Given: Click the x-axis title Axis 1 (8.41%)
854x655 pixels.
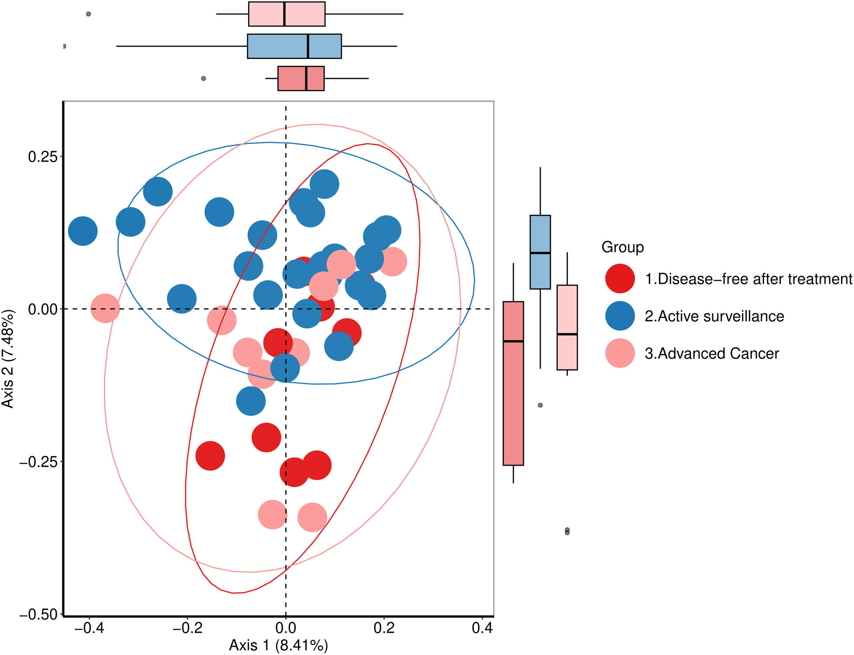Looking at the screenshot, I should pyautogui.click(x=278, y=645).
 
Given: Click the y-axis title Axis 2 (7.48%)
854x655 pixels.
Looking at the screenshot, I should pyautogui.click(x=8, y=359).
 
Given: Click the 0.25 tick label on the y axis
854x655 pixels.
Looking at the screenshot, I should pyautogui.click(x=42, y=156).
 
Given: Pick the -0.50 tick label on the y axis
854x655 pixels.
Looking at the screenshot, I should pyautogui.click(x=38, y=614).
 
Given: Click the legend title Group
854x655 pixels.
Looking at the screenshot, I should pyautogui.click(x=622, y=247).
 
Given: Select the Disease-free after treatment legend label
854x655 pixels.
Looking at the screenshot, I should pyautogui.click(x=748, y=279).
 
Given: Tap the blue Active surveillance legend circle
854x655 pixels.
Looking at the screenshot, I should pyautogui.click(x=620, y=316).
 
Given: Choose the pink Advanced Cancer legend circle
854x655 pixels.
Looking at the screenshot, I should pyautogui.click(x=620, y=353).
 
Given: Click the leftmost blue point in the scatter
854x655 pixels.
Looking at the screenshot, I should pyautogui.click(x=83, y=231).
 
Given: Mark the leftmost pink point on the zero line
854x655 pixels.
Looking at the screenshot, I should pyautogui.click(x=105, y=308).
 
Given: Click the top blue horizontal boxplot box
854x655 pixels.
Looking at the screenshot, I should pyautogui.click(x=294, y=46).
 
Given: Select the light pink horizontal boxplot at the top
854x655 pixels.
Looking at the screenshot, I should pyautogui.click(x=287, y=14).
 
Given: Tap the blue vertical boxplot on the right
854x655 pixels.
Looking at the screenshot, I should pyautogui.click(x=540, y=252).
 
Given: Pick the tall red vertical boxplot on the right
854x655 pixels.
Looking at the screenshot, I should pyautogui.click(x=513, y=383).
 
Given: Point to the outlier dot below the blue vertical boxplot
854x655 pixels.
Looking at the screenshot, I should pyautogui.click(x=540, y=405).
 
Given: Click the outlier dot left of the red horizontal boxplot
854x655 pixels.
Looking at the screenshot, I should pyautogui.click(x=204, y=79).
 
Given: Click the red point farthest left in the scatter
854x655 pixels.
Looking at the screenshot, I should pyautogui.click(x=210, y=455).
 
